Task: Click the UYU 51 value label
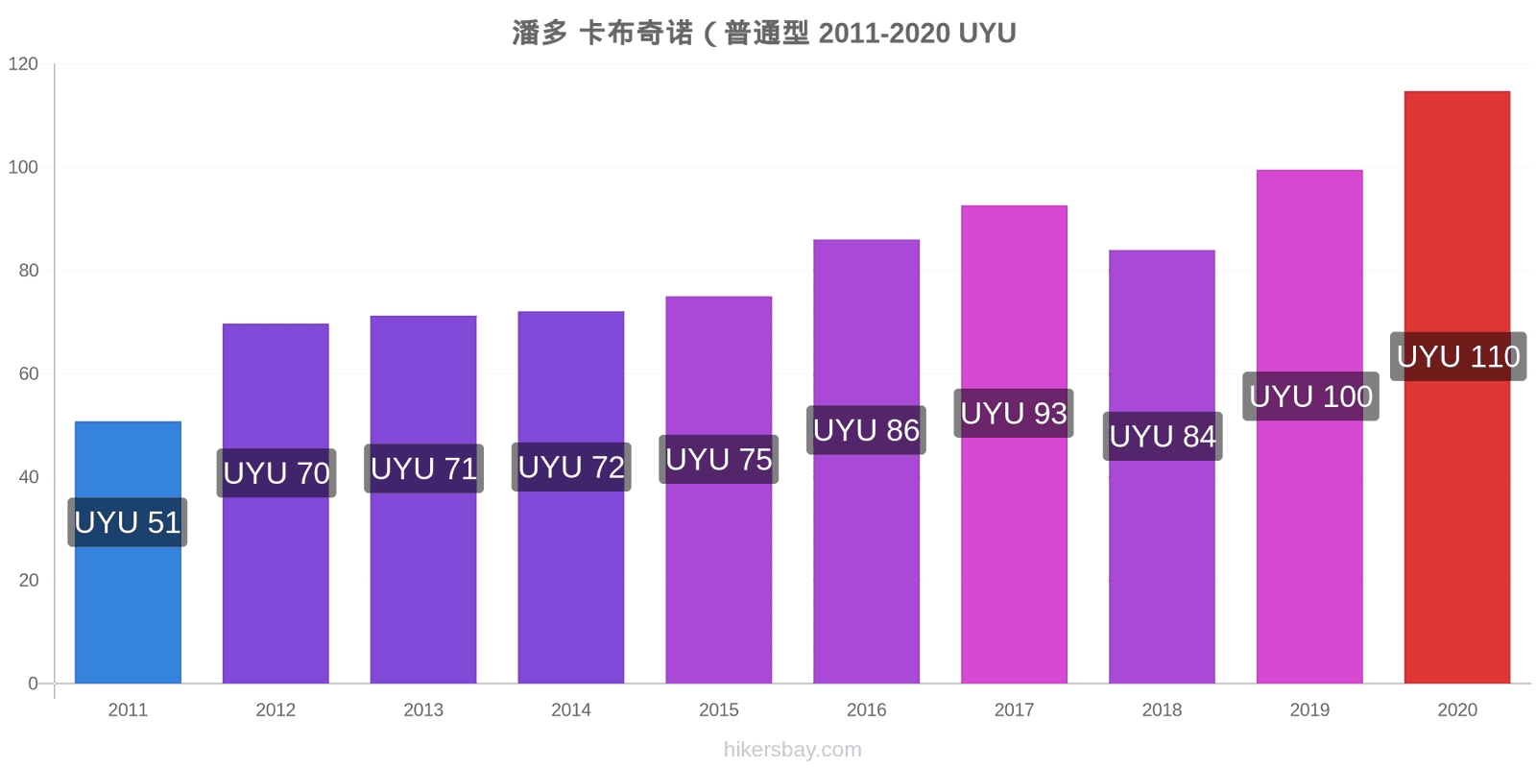[x=128, y=522]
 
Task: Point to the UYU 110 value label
[x=1458, y=356]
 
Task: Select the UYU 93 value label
[x=1014, y=414]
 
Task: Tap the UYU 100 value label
[x=1311, y=396]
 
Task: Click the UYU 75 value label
[x=719, y=460]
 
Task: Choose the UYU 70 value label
[x=276, y=473]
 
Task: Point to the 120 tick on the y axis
[x=23, y=63]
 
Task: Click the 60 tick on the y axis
[x=28, y=373]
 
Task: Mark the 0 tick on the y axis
[x=33, y=684]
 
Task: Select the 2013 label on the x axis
[x=423, y=709]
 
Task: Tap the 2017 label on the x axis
[x=1014, y=709]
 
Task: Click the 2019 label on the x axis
[x=1309, y=709]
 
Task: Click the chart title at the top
[x=764, y=33]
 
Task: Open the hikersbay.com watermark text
[x=793, y=750]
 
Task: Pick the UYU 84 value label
[x=1163, y=436]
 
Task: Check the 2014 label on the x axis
[x=571, y=709]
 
